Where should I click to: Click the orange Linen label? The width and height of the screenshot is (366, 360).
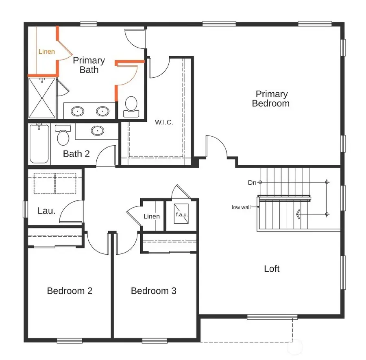(x=47, y=52)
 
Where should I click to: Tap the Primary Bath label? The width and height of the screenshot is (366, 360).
(x=89, y=65)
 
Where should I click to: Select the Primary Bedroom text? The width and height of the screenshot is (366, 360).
(x=270, y=99)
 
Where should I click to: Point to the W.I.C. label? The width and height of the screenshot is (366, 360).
(x=164, y=122)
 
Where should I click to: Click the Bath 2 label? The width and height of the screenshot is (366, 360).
(x=76, y=154)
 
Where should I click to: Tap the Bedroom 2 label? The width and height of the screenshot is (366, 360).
(x=70, y=291)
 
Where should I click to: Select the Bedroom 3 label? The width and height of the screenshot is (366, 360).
(x=153, y=291)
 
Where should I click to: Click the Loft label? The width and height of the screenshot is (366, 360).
(x=272, y=268)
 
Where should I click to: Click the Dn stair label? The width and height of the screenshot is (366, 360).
(x=252, y=183)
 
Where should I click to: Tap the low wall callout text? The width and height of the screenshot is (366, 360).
(x=241, y=207)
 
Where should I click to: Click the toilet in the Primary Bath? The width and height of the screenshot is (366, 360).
(x=131, y=104)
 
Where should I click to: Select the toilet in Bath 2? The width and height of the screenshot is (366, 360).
(x=63, y=136)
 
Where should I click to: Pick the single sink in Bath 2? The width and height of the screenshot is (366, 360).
(x=97, y=131)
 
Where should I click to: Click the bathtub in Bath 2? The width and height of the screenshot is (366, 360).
(x=39, y=144)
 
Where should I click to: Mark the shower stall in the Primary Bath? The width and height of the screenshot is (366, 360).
(x=42, y=98)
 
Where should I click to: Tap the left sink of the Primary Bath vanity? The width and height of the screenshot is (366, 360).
(x=77, y=110)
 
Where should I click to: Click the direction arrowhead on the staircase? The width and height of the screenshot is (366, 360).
(x=298, y=214)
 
